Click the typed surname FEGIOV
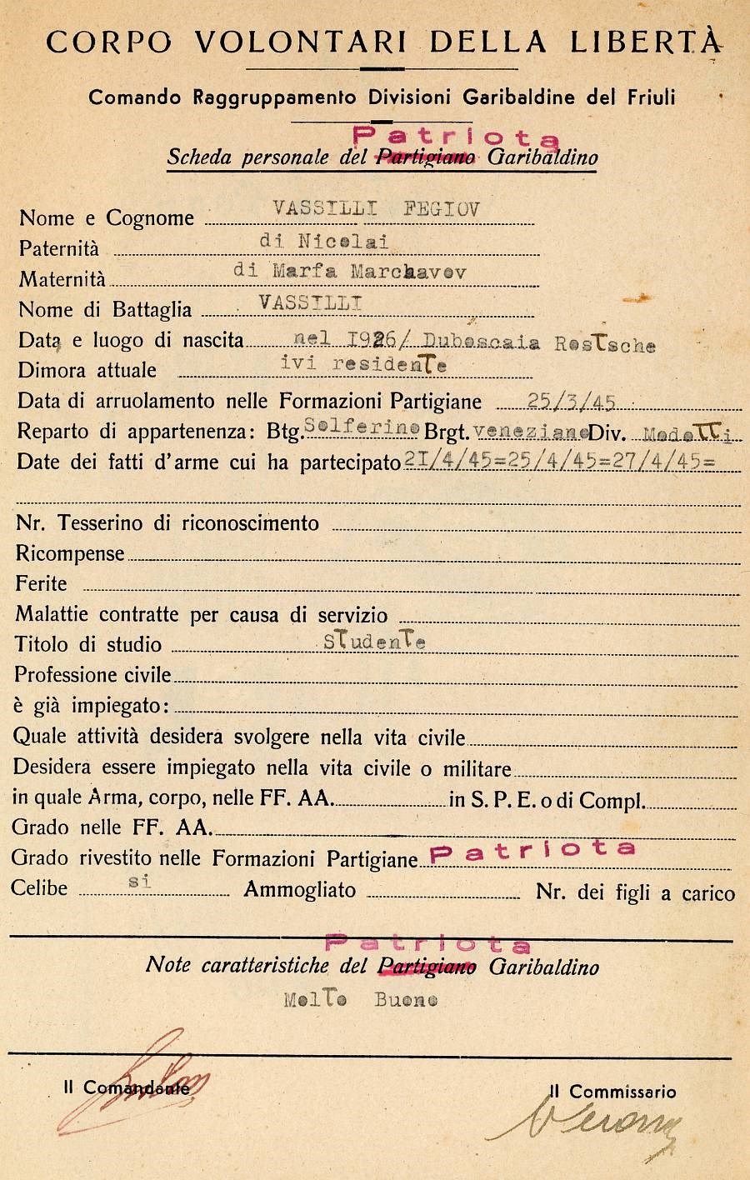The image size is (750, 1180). click(x=442, y=209)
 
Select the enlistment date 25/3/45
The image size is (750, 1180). click(x=572, y=402)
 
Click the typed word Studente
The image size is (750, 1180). click(x=375, y=642)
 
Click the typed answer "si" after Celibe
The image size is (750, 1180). click(x=140, y=882)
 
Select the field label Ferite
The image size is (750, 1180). click(x=41, y=583)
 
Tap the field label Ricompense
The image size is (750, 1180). click(x=70, y=553)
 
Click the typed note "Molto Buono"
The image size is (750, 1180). click(x=360, y=1000)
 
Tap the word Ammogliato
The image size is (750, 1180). click(x=300, y=890)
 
